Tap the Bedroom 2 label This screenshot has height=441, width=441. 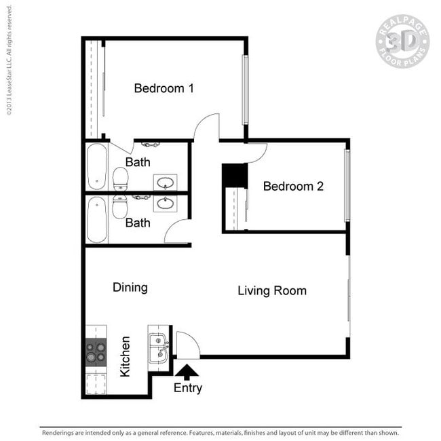click(x=293, y=186)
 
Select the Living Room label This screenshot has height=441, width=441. click(x=271, y=291)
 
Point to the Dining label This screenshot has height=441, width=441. click(x=130, y=288)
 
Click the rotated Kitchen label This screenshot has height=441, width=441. click(x=125, y=356)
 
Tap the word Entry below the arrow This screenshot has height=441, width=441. click(x=187, y=388)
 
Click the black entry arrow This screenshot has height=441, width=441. click(x=187, y=370)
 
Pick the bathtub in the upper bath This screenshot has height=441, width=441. click(x=97, y=166)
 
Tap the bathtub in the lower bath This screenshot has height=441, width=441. click(x=97, y=219)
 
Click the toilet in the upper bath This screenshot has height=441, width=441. click(x=120, y=178)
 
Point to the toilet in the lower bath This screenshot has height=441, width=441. click(x=120, y=206)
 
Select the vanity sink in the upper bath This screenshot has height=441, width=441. click(x=165, y=182)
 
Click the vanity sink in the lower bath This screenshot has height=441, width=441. click(x=165, y=202)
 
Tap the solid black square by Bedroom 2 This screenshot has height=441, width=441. click(x=235, y=176)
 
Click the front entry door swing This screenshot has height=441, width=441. click(x=187, y=345)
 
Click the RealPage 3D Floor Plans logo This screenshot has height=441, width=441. click(x=402, y=41)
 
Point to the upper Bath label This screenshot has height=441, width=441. click(x=138, y=163)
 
